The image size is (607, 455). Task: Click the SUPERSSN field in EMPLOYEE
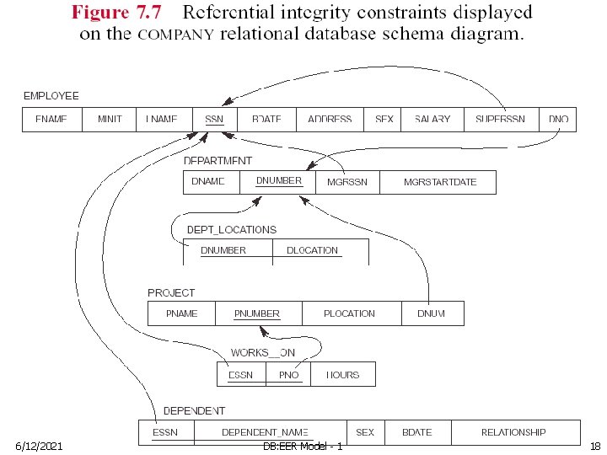click(500, 120)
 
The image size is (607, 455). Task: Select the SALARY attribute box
click(432, 120)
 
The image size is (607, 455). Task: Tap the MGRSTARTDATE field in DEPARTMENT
click(439, 182)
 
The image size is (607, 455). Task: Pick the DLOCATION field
click(312, 250)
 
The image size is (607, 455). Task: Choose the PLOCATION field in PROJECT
click(349, 313)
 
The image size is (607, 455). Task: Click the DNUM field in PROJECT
click(431, 313)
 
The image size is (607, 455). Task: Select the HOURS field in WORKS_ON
click(342, 375)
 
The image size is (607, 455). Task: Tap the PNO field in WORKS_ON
click(288, 375)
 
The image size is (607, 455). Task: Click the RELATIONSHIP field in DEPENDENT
click(513, 432)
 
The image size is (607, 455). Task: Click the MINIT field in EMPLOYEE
click(110, 120)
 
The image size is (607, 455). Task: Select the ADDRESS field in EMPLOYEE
click(330, 120)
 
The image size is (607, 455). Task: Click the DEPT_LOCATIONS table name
click(230, 229)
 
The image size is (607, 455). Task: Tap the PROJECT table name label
click(171, 292)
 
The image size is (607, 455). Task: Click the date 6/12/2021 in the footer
click(39, 445)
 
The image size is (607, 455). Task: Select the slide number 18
click(594, 445)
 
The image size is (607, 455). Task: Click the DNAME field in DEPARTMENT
click(208, 182)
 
